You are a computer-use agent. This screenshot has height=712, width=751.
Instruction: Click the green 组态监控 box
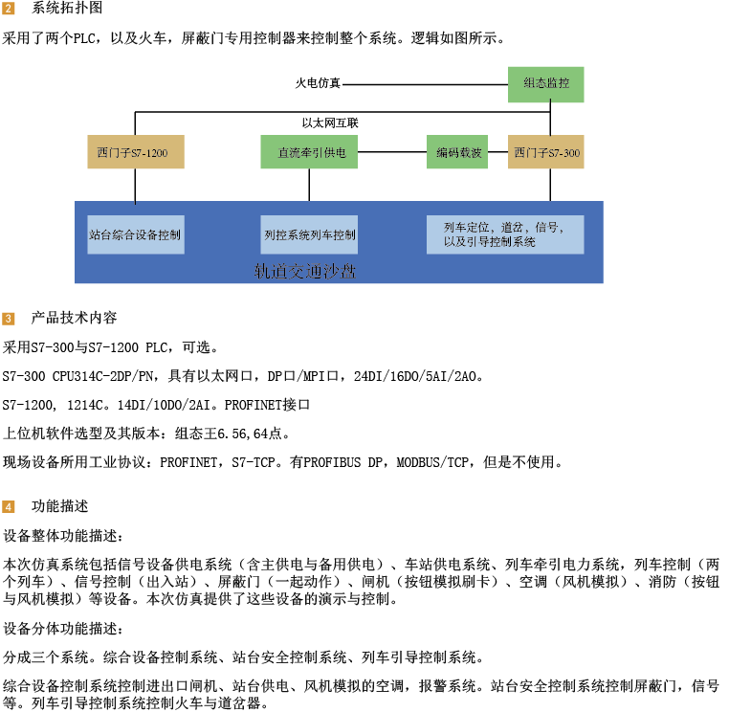coord(545,84)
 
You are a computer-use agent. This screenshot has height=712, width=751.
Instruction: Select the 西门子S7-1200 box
coord(136,152)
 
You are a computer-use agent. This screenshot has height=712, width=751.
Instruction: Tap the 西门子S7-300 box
coord(545,152)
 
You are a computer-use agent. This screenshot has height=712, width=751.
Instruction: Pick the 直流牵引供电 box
coord(309,152)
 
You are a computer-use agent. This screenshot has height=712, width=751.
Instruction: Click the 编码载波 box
coord(457,152)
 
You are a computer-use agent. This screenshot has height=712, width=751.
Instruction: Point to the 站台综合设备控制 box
coord(136,234)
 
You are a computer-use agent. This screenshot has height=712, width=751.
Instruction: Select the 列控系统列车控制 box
coord(309,234)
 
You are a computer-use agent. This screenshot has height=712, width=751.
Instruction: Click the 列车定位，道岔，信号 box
coord(505,234)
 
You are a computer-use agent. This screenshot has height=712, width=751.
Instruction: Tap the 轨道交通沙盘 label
coord(304,271)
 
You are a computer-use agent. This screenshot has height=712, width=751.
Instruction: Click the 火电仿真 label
coord(318,83)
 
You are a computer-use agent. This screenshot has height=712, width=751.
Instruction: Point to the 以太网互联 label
coord(330,123)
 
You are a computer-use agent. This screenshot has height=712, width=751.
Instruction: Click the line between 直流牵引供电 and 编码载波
coord(392,152)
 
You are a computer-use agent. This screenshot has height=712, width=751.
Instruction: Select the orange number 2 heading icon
coord(9,9)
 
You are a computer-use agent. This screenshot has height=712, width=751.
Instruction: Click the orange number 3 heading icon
coord(9,319)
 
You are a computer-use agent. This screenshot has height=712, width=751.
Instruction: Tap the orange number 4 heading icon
coord(9,507)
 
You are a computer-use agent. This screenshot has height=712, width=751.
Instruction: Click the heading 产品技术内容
coord(75,318)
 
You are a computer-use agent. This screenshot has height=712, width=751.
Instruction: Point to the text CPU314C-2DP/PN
coord(103,377)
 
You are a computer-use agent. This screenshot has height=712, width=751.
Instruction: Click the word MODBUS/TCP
coord(432,462)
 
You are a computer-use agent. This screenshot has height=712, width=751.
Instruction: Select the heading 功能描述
coord(60,506)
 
